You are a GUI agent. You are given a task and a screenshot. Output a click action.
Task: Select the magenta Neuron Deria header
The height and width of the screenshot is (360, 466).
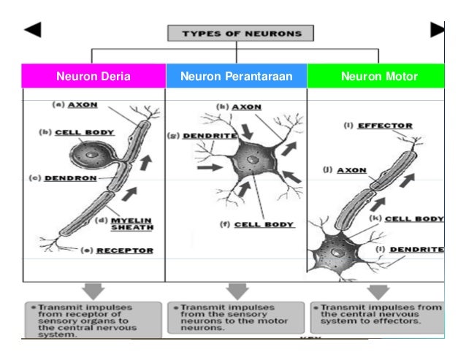(93, 76)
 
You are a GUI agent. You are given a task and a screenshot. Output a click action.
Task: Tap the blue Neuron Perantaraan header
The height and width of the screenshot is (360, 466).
(236, 76)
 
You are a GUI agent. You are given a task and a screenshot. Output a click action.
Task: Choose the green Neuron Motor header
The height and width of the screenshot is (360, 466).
(376, 76)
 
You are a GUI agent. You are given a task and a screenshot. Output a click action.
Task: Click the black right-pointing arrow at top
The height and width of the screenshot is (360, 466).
(437, 29)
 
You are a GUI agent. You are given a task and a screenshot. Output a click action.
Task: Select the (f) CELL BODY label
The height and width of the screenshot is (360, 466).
(258, 225)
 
